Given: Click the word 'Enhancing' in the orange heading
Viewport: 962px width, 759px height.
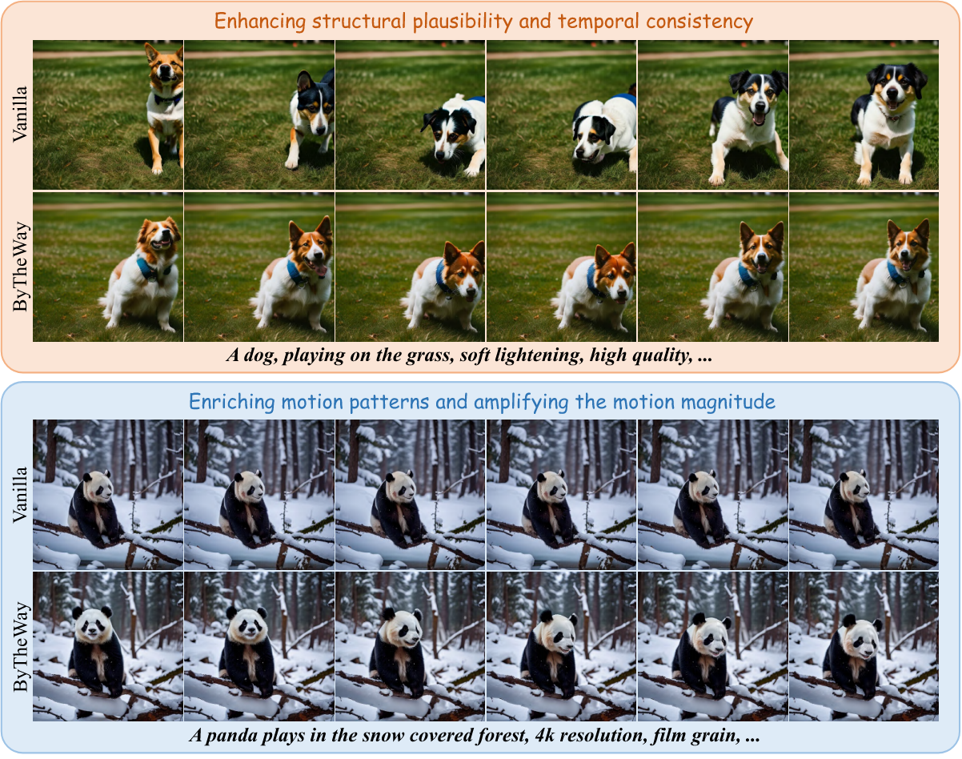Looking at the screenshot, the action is (260, 22).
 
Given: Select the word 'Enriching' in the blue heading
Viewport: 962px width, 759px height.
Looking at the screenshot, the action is (231, 402).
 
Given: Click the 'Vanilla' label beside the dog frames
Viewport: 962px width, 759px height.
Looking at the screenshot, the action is (20, 114).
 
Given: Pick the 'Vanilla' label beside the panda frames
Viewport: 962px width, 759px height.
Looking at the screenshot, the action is (20, 494).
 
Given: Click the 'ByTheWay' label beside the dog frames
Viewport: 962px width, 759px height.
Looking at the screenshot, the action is (20, 267).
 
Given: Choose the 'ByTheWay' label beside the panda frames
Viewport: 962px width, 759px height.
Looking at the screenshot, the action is (20, 647).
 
